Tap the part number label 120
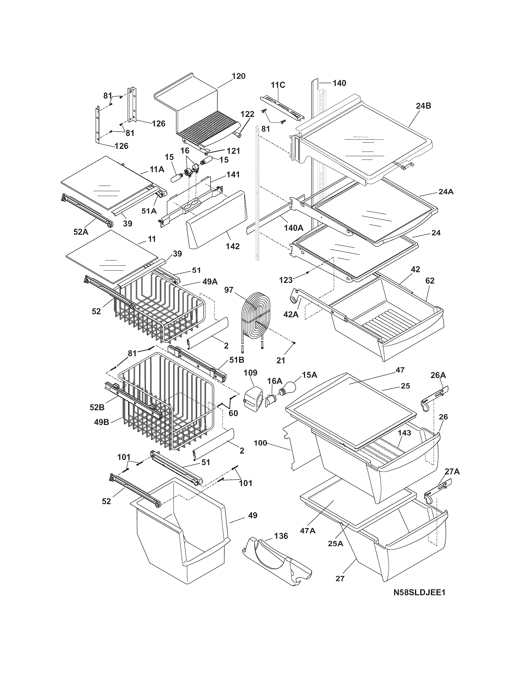238,76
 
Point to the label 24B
424,106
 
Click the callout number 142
232,246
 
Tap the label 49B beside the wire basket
101,422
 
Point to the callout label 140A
294,228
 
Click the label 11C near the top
278,85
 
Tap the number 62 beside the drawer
430,281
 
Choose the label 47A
308,531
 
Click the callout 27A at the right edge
452,472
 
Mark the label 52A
81,231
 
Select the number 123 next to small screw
286,280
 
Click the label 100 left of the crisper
260,443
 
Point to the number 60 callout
233,413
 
